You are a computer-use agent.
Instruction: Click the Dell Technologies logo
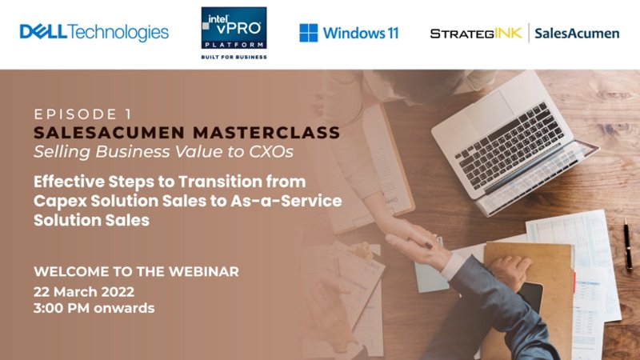[94, 32]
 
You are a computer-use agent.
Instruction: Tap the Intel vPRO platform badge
[234, 28]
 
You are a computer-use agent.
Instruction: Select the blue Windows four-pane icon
[309, 33]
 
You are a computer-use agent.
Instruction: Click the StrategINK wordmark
[476, 33]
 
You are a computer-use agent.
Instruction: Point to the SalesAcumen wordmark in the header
[577, 33]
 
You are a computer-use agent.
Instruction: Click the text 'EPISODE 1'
[83, 114]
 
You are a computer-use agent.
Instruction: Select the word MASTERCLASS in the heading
[266, 133]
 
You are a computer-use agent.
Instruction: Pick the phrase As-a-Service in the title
[286, 201]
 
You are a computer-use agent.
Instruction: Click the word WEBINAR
[204, 271]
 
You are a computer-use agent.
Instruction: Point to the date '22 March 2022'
[84, 291]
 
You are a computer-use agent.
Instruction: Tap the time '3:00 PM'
[62, 308]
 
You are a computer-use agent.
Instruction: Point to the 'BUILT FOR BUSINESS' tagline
[234, 57]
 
